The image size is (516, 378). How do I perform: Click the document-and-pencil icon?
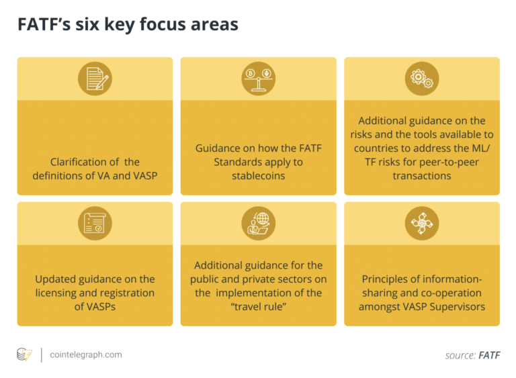[x=95, y=79]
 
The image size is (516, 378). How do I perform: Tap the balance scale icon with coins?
[x=258, y=79]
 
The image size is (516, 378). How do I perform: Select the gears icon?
[x=422, y=79]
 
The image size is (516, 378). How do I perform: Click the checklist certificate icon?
[x=95, y=224]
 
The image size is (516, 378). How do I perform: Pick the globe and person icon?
[x=258, y=224]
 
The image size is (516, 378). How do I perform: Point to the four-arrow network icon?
[x=422, y=224]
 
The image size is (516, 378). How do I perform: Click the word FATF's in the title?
[x=44, y=24]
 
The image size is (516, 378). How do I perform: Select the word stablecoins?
[x=258, y=176]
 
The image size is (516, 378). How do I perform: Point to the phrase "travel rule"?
[x=258, y=307]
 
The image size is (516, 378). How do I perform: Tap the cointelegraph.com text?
[x=86, y=355]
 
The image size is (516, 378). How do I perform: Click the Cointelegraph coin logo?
[x=25, y=355]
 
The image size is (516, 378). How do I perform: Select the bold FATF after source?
[x=489, y=355]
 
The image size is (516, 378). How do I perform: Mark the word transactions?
[x=422, y=176]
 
